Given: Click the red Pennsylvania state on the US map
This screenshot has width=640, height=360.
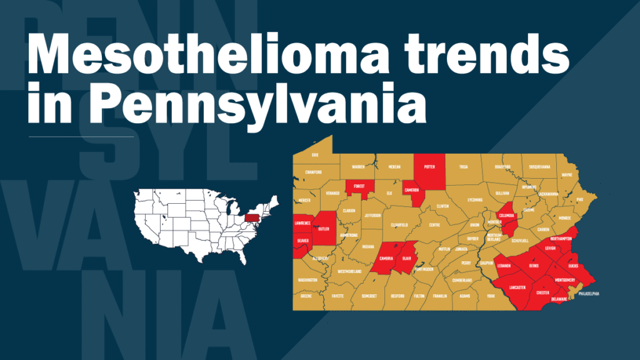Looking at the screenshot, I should coord(253,217).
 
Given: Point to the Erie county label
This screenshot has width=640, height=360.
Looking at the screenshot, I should coord(315,154).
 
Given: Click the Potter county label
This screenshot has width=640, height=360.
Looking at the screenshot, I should coord(429,167).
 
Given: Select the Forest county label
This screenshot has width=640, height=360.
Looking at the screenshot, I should coord(359,186).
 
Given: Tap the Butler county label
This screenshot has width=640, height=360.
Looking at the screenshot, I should coord(324,229).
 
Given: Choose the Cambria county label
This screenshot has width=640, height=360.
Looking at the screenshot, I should coord(386,258).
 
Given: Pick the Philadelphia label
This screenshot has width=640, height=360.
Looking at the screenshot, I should coord(589,292).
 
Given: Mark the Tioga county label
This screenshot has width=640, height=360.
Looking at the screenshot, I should coord(463,167).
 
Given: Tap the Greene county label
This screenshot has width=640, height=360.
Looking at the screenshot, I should coord(306,297).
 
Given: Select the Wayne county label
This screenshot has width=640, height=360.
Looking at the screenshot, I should coord(567,175).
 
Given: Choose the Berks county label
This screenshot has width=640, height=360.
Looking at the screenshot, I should coord(534,266).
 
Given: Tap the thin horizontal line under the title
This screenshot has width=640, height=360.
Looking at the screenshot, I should coord(81,136).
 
